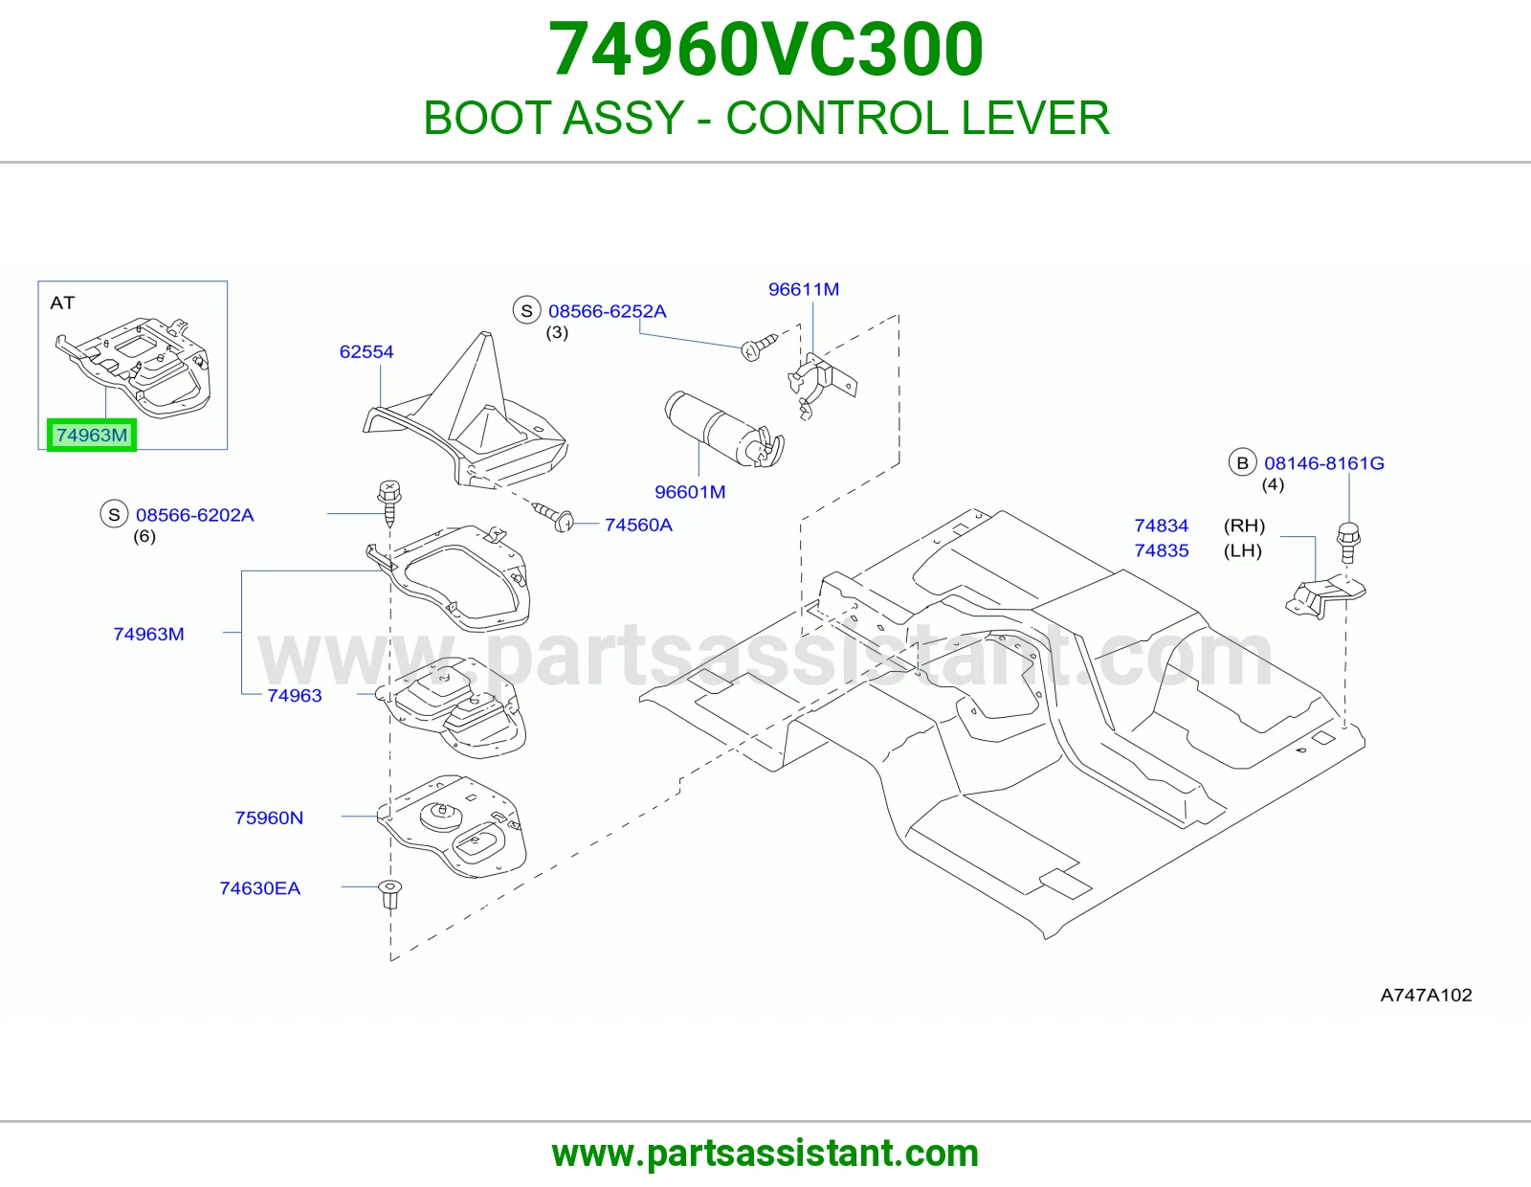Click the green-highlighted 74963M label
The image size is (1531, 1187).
92,435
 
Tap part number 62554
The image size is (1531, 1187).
366,351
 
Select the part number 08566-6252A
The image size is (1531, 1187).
608,311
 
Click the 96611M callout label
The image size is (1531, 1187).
803,289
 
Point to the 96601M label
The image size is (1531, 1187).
690,492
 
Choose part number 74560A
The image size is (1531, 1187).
638,525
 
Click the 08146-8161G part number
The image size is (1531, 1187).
1324,463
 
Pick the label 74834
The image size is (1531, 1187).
1161,526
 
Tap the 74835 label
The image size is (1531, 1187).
1161,550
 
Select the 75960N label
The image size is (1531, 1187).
269,817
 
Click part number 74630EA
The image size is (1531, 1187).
260,888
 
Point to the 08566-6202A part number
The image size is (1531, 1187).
194,515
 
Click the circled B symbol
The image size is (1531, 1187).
1242,462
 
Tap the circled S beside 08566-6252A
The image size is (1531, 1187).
526,310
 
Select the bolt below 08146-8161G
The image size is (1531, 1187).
1348,542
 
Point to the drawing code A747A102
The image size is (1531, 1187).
1426,995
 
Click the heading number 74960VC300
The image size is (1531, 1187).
765,49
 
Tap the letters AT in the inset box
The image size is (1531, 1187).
62,303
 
